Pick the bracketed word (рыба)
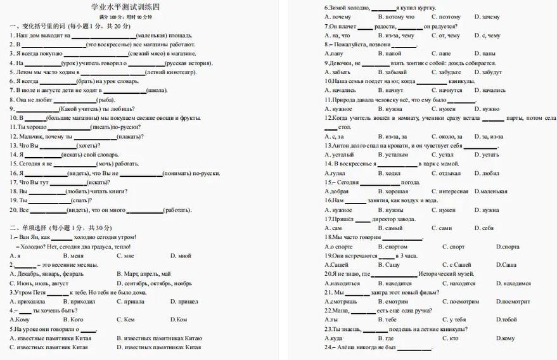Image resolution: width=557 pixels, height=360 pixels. (105, 100)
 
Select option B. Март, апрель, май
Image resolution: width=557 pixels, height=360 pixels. (144, 274)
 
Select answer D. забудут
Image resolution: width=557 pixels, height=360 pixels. (488, 72)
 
